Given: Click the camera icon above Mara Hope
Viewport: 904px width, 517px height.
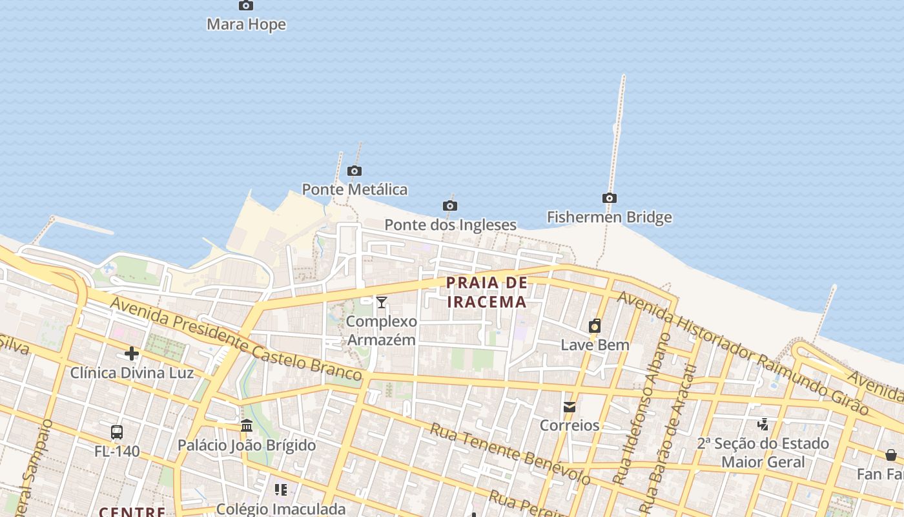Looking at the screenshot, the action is click(x=246, y=6).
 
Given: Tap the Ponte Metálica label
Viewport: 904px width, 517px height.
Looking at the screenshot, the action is click(x=354, y=189).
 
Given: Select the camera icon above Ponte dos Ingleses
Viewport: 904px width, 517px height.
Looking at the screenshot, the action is click(x=450, y=206).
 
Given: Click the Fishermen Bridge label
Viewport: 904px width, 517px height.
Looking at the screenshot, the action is click(x=609, y=217).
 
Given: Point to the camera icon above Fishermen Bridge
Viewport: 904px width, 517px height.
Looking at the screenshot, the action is click(x=609, y=198).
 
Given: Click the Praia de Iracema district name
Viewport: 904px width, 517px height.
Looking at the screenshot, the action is click(x=487, y=292).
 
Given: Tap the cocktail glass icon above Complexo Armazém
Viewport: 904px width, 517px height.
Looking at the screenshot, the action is click(x=382, y=302).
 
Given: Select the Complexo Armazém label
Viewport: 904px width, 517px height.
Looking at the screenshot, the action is click(x=382, y=330).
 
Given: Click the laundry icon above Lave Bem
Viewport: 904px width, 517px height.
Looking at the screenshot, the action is click(x=595, y=326).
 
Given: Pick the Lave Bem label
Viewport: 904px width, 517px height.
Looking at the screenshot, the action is click(x=595, y=344).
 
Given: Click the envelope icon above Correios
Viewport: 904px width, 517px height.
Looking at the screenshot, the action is click(x=570, y=407).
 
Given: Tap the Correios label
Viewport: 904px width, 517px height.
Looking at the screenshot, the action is click(x=570, y=425).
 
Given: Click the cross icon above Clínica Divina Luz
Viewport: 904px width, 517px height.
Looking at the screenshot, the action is click(x=132, y=353).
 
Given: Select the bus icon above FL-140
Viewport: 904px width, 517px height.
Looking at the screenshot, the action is click(x=117, y=432).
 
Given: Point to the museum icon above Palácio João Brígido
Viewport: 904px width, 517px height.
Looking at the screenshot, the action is click(x=247, y=426).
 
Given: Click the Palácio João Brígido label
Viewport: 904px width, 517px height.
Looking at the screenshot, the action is click(x=247, y=445).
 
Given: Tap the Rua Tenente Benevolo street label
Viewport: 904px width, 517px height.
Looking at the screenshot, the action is click(x=509, y=454).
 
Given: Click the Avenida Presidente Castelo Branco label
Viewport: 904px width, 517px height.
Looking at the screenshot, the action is click(x=236, y=338).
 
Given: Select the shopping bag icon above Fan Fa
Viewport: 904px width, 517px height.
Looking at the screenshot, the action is click(x=891, y=455).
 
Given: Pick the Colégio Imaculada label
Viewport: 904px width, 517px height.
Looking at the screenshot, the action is click(x=280, y=509).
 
